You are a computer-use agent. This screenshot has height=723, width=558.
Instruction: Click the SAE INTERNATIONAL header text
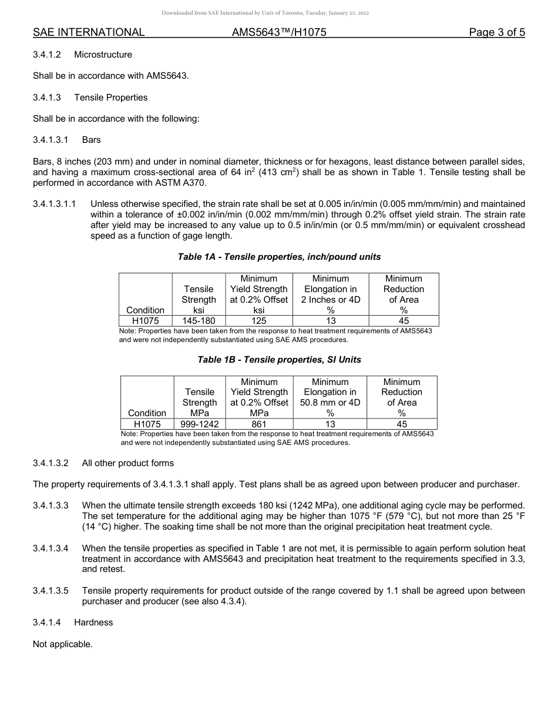point(89,32)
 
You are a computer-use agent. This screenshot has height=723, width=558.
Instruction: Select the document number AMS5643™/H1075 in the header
point(279,32)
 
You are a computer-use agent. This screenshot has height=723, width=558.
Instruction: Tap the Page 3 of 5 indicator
point(497,32)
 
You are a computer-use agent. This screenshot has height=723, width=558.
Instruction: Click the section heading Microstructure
point(103,55)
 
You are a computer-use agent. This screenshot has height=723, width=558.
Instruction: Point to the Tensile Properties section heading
point(110,98)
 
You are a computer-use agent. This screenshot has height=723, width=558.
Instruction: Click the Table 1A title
point(279,257)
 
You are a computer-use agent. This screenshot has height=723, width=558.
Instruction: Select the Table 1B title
point(279,360)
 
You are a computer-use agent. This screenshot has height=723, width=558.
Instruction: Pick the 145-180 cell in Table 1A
point(199,321)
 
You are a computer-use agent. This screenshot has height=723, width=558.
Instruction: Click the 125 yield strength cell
point(258,321)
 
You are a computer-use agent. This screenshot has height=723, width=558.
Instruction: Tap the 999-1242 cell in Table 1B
point(199,424)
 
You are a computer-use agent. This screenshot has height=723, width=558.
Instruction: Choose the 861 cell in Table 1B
point(258,424)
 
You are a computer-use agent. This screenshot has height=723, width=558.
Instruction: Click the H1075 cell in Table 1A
point(145,321)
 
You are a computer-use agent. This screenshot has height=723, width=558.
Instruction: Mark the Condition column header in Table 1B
point(147,413)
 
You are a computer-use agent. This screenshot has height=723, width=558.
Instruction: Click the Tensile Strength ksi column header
point(199,299)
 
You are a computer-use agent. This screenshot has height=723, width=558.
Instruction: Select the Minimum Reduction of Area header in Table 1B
point(402,397)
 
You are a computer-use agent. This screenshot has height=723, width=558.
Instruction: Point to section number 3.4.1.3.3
point(51,506)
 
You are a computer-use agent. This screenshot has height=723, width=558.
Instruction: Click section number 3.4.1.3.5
point(51,591)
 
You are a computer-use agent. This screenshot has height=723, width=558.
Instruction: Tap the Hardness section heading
point(93,622)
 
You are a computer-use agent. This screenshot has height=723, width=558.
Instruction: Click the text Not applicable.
point(63,644)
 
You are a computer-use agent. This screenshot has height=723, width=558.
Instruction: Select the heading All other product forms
point(127,463)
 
